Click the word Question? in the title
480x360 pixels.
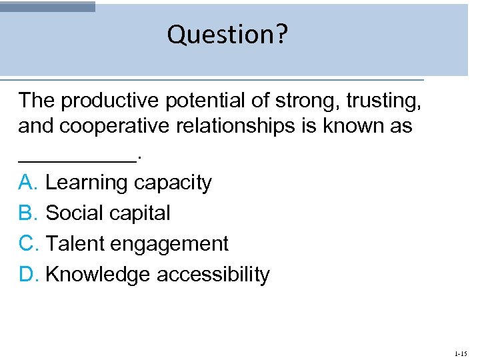pos(227,35)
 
